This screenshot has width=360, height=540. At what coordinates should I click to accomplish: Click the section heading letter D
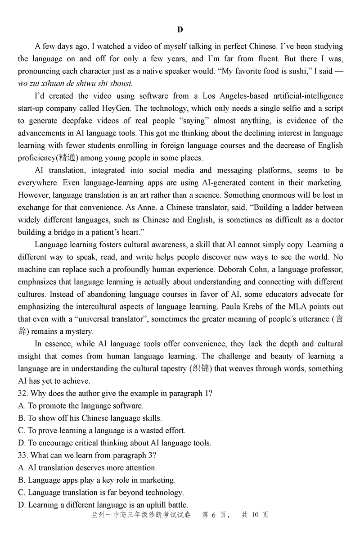[180, 30]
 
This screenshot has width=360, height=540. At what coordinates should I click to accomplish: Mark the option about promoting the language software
[81, 406]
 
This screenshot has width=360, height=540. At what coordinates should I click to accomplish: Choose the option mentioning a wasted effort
[102, 431]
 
